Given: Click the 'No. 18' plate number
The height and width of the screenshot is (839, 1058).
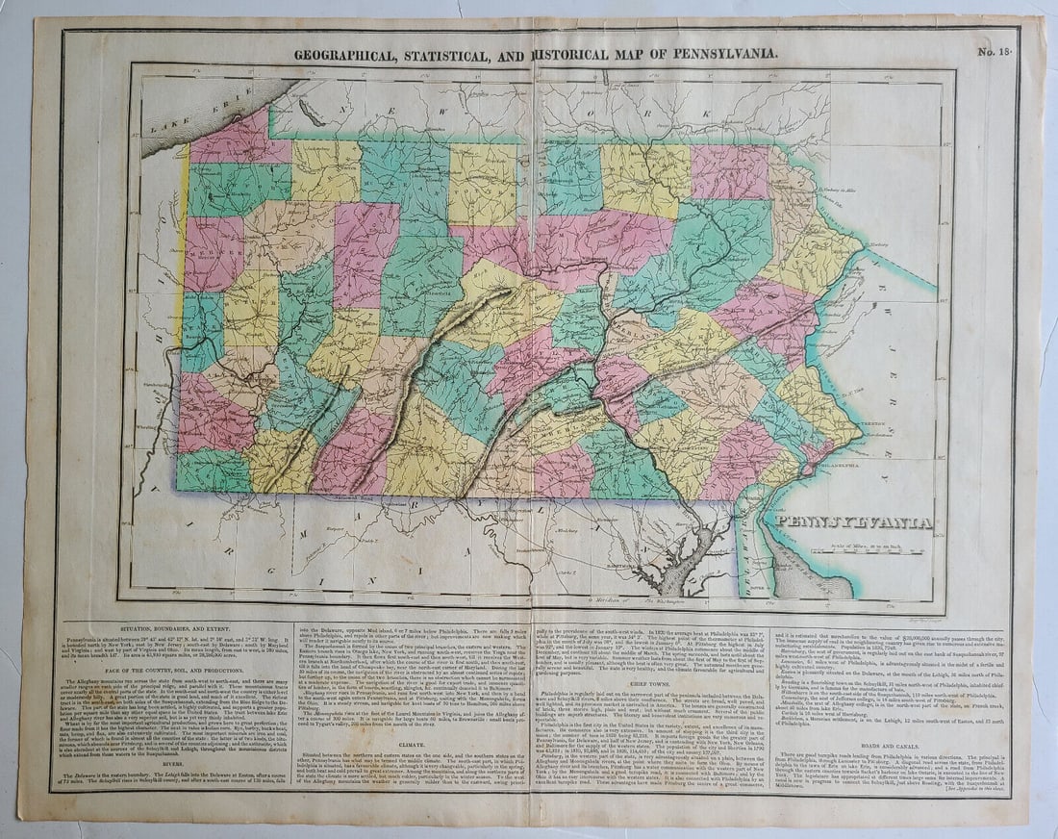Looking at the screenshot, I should coord(995,52).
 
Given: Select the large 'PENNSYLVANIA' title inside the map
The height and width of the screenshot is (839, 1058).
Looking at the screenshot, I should coord(853,522).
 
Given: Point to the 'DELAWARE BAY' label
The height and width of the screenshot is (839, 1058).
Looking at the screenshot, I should coord(808,568).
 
